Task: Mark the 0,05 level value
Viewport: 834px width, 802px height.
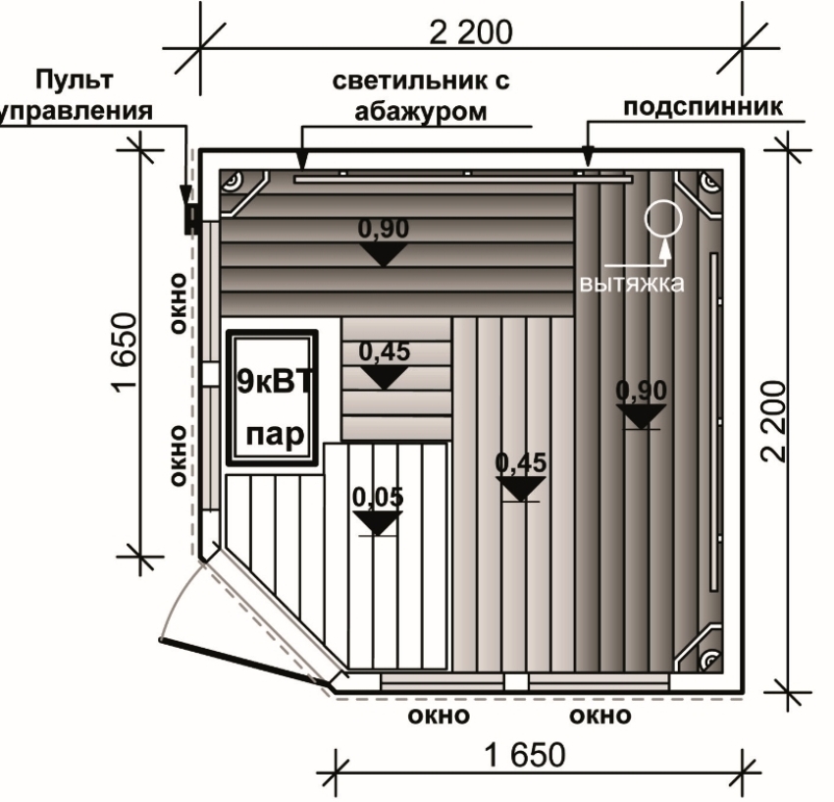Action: (x=377, y=497)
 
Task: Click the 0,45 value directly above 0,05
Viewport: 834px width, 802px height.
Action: (x=384, y=350)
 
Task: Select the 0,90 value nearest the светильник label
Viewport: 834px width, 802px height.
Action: (x=383, y=229)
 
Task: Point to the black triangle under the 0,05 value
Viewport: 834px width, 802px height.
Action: (x=377, y=522)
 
